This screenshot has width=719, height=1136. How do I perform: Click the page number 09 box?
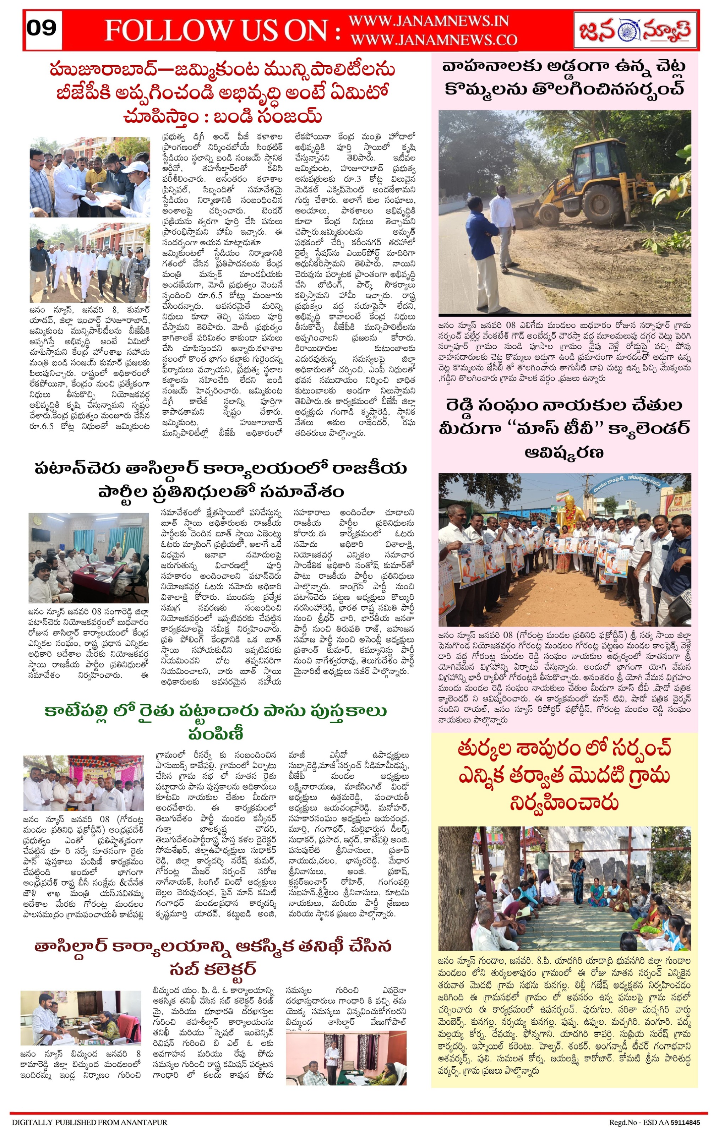pos(42,29)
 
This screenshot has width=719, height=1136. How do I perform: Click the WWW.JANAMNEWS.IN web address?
pos(428,21)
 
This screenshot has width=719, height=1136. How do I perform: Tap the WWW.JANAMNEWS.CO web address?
pos(434,40)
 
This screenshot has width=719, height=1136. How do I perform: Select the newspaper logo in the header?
pos(635,30)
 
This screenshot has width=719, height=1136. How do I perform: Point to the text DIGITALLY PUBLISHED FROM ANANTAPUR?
pos(89,1126)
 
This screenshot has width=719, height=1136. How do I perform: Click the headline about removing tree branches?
pos(564,78)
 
